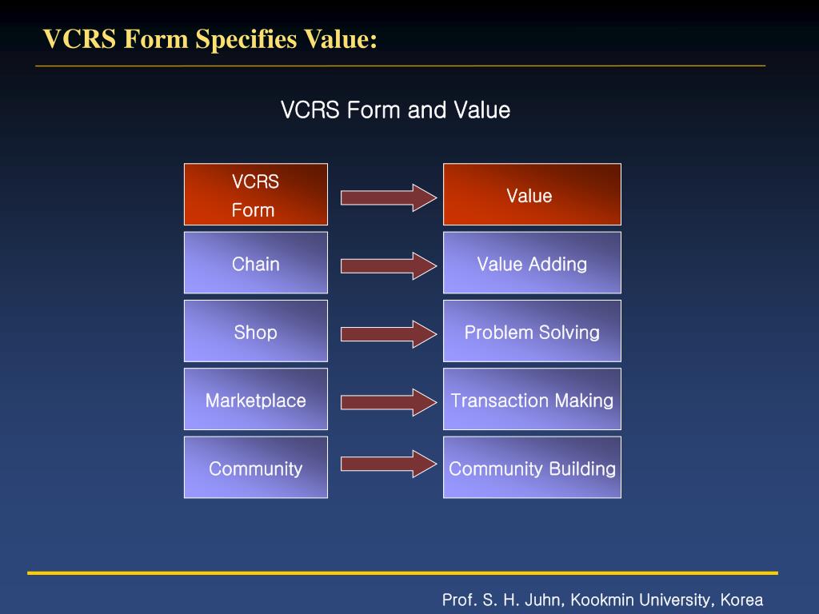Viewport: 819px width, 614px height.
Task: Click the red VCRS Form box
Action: pyautogui.click(x=255, y=194)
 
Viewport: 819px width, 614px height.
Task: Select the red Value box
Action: pyautogui.click(x=532, y=194)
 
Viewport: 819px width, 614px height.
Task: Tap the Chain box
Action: pyautogui.click(x=255, y=263)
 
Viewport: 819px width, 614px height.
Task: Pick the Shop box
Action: pyautogui.click(x=255, y=331)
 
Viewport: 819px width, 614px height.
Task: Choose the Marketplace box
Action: pyautogui.click(x=255, y=400)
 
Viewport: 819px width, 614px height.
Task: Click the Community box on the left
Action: pyautogui.click(x=255, y=468)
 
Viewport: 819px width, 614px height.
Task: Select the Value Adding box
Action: pyautogui.click(x=532, y=263)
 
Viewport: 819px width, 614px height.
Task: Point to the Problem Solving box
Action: pyautogui.click(x=532, y=331)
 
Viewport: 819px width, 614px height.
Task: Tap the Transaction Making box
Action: pyautogui.click(x=532, y=400)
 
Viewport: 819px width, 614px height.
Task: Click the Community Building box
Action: pyautogui.click(x=532, y=468)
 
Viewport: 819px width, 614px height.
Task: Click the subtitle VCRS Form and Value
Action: pyautogui.click(x=395, y=110)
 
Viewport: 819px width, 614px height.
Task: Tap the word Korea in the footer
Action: pyautogui.click(x=741, y=600)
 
